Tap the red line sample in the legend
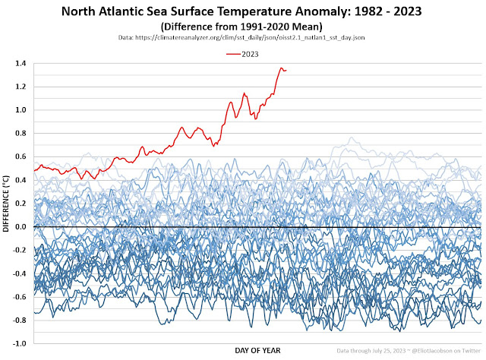coord(233,53)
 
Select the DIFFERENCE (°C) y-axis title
coord(7,204)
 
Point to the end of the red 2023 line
coord(286,70)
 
